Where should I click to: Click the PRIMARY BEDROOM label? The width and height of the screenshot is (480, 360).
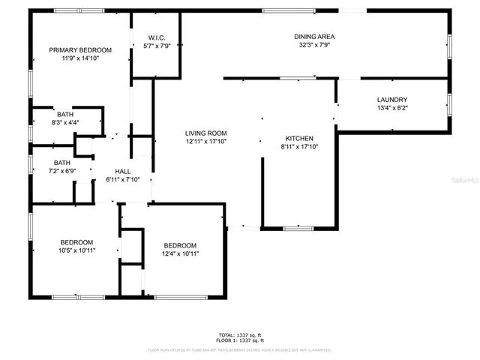tap(80, 50)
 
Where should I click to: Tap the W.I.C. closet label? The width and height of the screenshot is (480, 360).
tap(157, 37)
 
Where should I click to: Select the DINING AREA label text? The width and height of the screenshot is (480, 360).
tap(314, 36)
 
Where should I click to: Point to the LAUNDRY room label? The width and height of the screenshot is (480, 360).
tap(391, 100)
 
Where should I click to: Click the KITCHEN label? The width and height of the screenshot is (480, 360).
tap(298, 138)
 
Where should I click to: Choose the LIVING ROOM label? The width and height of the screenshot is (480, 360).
tap(205, 133)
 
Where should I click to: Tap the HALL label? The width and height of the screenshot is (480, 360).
tap(123, 171)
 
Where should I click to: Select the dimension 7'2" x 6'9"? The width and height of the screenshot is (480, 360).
tap(61, 171)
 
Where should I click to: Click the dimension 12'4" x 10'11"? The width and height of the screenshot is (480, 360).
tap(180, 253)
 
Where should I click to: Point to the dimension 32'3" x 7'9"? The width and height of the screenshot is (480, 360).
tap(314, 44)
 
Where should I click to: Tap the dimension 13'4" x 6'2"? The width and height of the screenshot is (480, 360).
tap(391, 108)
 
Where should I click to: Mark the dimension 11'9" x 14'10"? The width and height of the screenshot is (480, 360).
tap(80, 58)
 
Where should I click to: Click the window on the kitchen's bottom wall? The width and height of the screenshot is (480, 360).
tap(298, 227)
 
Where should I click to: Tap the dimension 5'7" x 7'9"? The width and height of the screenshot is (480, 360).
tap(157, 45)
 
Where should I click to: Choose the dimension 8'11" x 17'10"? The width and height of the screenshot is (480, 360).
tap(298, 146)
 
